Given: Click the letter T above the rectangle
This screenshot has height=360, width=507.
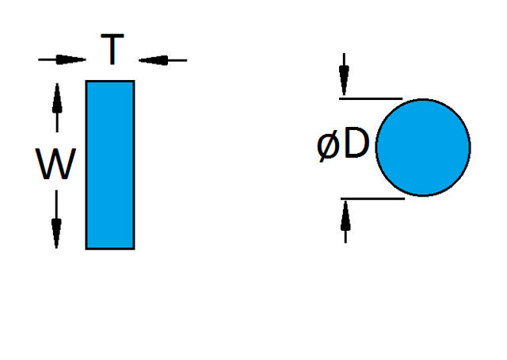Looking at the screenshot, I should click(112, 52).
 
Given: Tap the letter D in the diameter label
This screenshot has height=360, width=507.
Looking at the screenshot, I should click(356, 146).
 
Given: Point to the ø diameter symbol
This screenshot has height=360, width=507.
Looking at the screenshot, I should click(329, 147).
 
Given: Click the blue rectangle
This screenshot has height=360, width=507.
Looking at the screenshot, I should click(110, 164).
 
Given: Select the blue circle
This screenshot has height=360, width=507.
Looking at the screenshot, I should click(423, 147).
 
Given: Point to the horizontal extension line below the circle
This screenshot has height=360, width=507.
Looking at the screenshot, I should click(372, 198).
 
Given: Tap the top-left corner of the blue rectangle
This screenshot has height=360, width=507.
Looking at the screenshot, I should click(86, 81).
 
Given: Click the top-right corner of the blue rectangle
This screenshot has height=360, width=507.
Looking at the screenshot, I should click(134, 81).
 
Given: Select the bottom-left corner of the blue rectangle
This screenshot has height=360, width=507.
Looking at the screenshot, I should click(86, 248).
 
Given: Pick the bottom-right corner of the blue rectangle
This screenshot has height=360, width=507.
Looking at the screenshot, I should click(134, 248).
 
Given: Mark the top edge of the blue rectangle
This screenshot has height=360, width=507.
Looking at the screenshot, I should click(110, 81).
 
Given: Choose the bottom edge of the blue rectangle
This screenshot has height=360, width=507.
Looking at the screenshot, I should click(110, 248).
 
